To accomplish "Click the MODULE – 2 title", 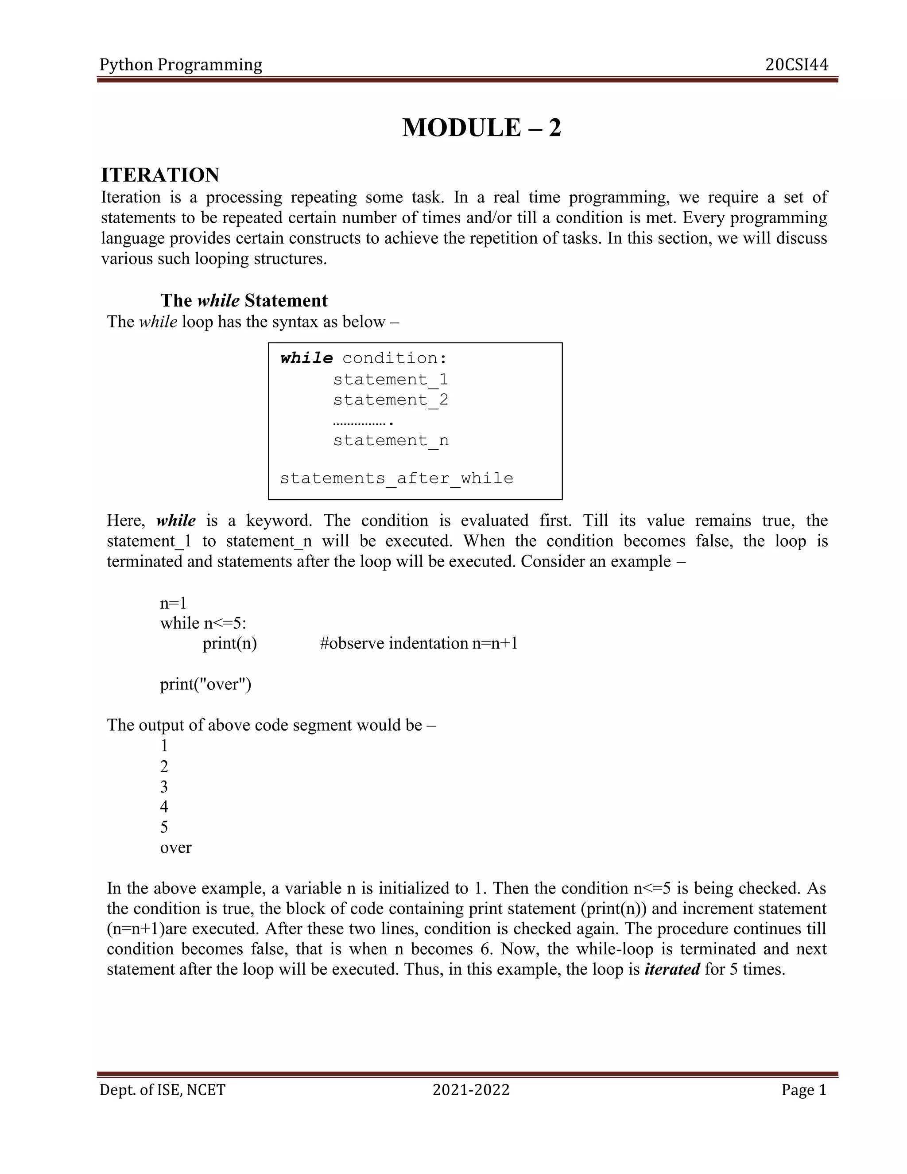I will click(481, 128).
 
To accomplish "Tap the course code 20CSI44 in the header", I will click(796, 65).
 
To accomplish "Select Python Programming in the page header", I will click(181, 65).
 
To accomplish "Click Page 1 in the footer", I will click(803, 1090).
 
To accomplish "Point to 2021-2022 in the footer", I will click(471, 1090).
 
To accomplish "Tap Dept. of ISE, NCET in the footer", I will click(162, 1090).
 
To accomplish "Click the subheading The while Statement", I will click(244, 300).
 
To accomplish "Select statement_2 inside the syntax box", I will click(390, 400).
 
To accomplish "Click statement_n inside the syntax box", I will click(390, 441).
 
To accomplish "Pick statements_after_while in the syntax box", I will click(396, 478).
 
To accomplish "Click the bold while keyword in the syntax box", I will click(306, 358).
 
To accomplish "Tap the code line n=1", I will click(173, 603).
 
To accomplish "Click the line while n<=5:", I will click(203, 623).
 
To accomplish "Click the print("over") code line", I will click(205, 684).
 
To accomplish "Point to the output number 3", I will click(164, 786).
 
